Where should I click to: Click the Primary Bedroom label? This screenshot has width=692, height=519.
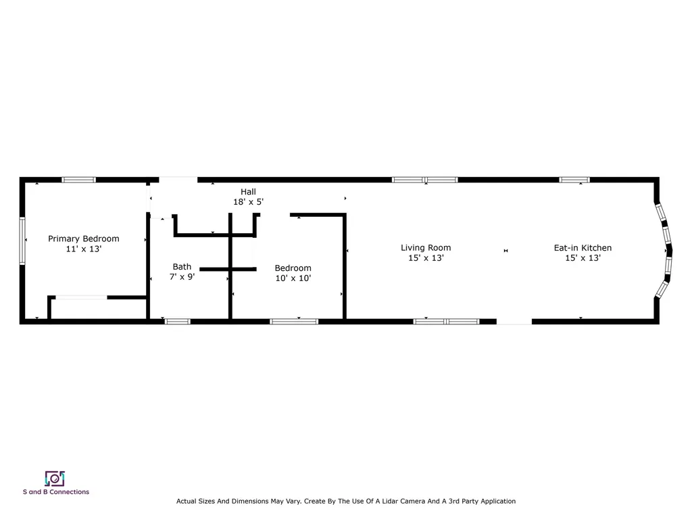[x=83, y=239]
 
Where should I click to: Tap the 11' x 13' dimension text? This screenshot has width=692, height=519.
[x=83, y=249]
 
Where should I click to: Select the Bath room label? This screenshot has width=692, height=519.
[x=182, y=266]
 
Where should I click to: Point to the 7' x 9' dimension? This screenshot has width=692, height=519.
[x=182, y=277]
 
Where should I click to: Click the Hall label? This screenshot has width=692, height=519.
[x=248, y=192]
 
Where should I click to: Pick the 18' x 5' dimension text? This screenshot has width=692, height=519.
[x=248, y=202]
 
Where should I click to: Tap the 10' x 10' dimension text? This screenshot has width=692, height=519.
[x=293, y=278]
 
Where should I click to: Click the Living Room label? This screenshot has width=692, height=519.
[x=425, y=248]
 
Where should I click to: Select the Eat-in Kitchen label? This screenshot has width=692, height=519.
[x=583, y=248]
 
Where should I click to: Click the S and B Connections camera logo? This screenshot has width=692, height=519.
[x=55, y=478]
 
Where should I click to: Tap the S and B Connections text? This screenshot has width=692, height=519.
[x=55, y=492]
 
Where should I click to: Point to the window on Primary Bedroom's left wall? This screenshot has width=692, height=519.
[x=22, y=241]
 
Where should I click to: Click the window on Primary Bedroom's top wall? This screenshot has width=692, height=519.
[x=78, y=180]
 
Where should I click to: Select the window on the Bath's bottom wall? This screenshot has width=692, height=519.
[x=177, y=322]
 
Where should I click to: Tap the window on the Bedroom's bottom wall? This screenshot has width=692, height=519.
[x=294, y=322]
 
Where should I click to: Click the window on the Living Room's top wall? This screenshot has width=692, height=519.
[x=425, y=180]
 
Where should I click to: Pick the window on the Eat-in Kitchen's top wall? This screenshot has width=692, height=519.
[x=574, y=180]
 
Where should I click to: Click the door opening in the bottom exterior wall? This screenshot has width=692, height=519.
[x=514, y=322]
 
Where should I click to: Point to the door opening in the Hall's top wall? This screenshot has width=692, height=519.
[x=178, y=180]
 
